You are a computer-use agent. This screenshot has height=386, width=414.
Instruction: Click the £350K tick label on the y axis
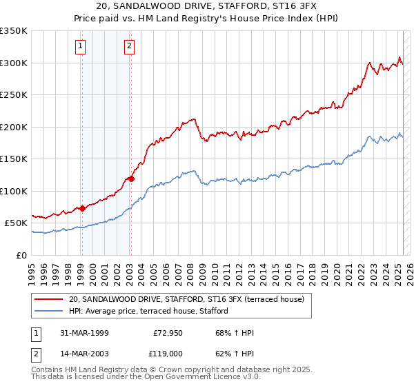(x=14, y=31)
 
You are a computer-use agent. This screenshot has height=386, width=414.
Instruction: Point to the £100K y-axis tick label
(x=14, y=191)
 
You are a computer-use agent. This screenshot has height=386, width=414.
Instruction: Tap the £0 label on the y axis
(x=22, y=255)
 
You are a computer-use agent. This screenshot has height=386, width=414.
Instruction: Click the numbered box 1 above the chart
(x=81, y=47)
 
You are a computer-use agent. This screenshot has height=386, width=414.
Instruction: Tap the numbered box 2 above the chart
(x=129, y=47)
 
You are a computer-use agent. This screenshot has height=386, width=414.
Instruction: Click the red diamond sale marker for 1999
(x=82, y=208)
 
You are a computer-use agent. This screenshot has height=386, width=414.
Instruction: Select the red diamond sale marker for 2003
(x=130, y=179)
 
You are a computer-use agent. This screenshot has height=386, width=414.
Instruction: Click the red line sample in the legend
(x=50, y=299)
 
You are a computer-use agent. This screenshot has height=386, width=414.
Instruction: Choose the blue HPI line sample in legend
(x=50, y=311)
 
